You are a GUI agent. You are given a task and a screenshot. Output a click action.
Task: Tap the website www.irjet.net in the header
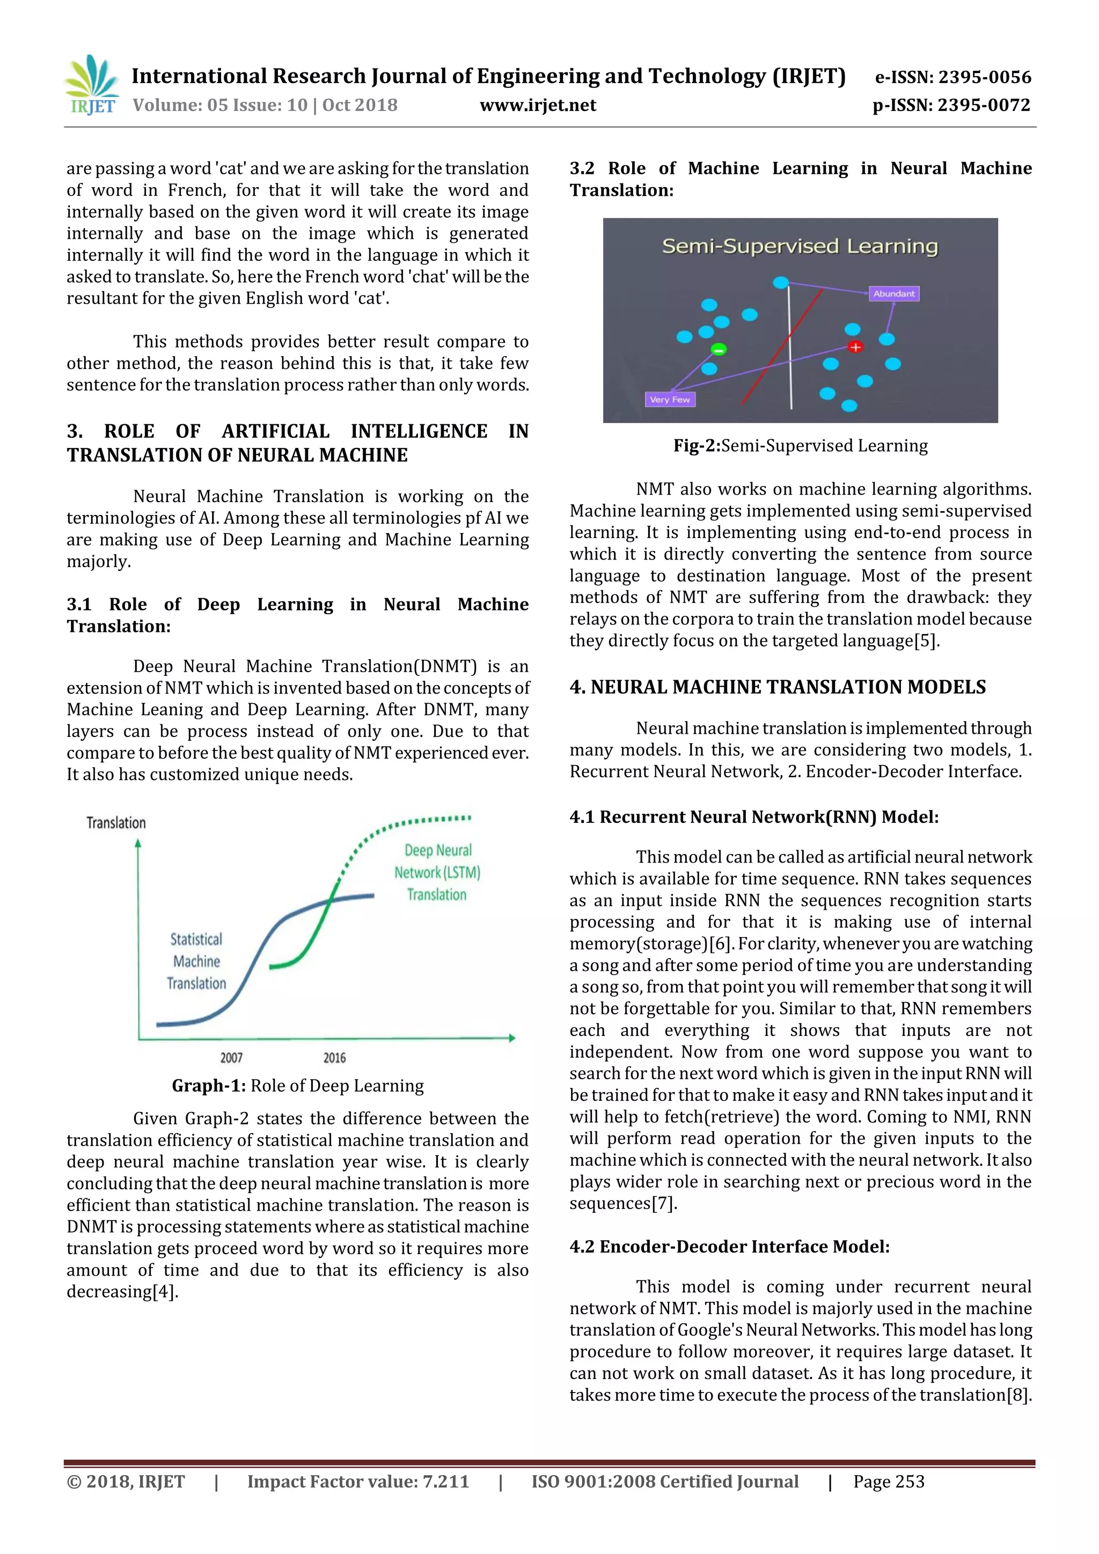tap(538, 105)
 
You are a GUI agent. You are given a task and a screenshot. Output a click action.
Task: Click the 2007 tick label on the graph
tap(231, 1057)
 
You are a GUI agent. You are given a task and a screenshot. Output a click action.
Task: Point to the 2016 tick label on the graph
tap(334, 1057)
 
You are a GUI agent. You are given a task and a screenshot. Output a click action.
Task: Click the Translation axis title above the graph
tap(116, 822)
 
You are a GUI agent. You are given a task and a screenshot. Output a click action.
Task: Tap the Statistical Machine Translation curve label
tap(196, 961)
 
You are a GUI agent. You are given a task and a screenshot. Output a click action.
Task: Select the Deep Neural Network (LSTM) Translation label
tap(437, 872)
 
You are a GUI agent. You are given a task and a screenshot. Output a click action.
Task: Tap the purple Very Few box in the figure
tap(670, 399)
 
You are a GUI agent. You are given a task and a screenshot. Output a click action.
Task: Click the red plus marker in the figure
tap(855, 347)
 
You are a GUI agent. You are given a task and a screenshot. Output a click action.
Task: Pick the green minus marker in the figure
tap(718, 350)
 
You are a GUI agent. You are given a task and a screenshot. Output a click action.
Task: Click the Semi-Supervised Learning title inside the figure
tap(800, 246)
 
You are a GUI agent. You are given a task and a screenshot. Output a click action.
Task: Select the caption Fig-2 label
tap(697, 445)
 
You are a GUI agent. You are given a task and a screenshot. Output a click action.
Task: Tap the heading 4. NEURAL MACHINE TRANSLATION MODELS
tap(778, 687)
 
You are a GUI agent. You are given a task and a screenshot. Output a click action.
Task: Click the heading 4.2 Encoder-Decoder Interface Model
tap(729, 1247)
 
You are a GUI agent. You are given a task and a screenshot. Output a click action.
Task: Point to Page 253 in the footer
tap(889, 1482)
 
